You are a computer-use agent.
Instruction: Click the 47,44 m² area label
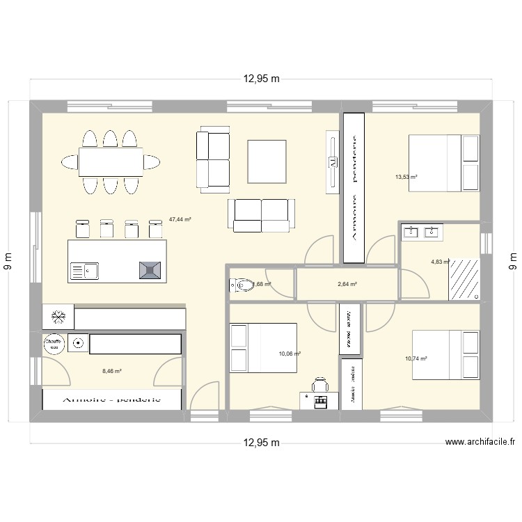point(180,219)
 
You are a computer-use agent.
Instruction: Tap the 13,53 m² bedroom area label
point(406,177)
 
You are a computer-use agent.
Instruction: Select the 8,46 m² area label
point(111,372)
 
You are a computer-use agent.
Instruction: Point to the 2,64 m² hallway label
point(347,284)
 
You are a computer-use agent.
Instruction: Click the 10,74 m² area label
point(416,358)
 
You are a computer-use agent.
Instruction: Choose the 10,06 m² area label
point(289,354)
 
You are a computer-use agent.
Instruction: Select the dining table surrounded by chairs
point(111,162)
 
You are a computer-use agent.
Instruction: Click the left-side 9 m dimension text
point(10,261)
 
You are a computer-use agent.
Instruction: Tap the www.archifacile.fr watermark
point(480,441)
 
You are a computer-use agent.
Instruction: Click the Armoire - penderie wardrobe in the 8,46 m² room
point(112,400)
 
